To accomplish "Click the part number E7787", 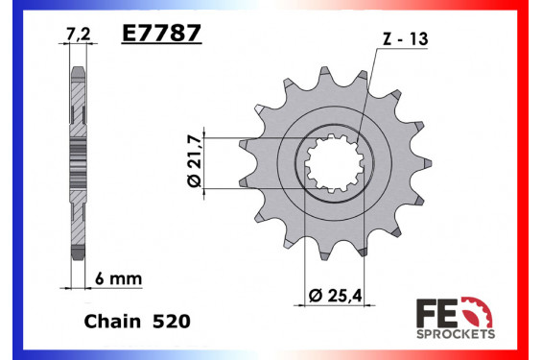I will pos(160,35).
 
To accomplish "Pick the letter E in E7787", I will pos(129,35).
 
